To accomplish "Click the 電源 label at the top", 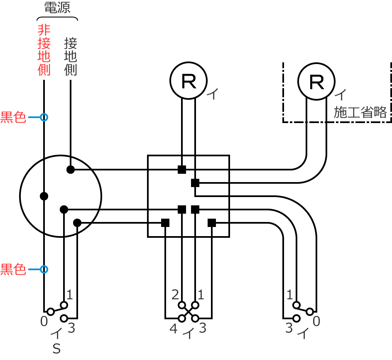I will [x=57, y=8].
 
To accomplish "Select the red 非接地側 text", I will [x=44, y=50].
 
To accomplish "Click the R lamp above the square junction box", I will [x=189, y=81].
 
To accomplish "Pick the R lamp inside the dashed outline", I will [x=316, y=81].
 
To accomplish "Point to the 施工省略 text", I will [x=360, y=112].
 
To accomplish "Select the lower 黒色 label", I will [x=13, y=269].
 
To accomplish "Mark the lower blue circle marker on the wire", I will [x=44, y=269].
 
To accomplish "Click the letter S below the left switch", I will [x=57, y=349].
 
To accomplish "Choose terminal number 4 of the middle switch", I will [x=174, y=329].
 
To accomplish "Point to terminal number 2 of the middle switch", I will [x=175, y=295].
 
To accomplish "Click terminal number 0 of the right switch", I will [x=316, y=321].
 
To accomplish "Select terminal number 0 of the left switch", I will [x=44, y=321].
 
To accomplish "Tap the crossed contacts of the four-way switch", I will [x=189, y=312].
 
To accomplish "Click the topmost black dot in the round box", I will [x=71, y=169].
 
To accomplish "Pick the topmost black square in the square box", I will [x=182, y=169].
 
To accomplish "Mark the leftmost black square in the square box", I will [x=165, y=223].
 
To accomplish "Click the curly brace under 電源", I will [x=57, y=19].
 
